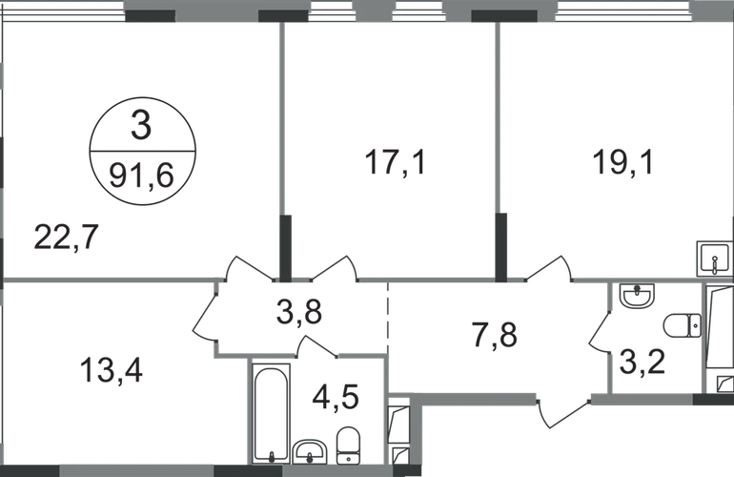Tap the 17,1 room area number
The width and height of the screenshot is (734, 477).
coord(395,161)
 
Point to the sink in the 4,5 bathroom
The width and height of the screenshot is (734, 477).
coord(310,448)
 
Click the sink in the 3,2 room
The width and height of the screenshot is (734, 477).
coord(633,298)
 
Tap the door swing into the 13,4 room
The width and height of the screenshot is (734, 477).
coord(211,319)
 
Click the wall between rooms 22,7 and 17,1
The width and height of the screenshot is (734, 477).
coord(283,143)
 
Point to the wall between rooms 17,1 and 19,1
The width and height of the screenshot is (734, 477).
coord(496,143)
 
